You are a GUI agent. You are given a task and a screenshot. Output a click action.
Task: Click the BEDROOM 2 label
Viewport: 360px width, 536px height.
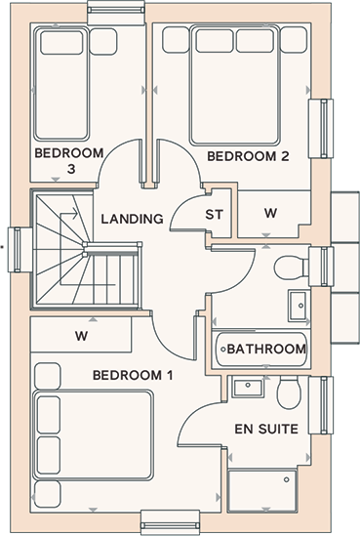pyautogui.click(x=248, y=156)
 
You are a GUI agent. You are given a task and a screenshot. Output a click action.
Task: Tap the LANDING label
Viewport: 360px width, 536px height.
pyautogui.click(x=132, y=219)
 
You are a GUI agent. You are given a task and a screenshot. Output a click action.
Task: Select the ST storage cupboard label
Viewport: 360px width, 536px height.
pyautogui.click(x=215, y=215)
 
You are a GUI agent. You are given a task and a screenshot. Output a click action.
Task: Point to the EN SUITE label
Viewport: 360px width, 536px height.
pyautogui.click(x=266, y=429)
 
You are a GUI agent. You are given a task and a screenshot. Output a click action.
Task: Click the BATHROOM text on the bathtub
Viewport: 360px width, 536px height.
pyautogui.click(x=266, y=349)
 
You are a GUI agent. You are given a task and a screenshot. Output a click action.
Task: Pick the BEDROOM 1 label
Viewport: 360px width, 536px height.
pyautogui.click(x=133, y=375)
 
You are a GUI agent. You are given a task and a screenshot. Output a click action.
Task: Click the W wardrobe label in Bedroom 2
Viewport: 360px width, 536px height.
pyautogui.click(x=270, y=213)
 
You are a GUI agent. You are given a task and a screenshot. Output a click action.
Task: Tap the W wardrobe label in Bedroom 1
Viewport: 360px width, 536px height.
pyautogui.click(x=81, y=336)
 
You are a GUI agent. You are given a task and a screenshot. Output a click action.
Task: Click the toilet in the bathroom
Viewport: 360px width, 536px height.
pyautogui.click(x=292, y=267)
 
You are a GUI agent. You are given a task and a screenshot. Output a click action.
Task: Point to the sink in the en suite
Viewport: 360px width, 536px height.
pyautogui.click(x=248, y=388)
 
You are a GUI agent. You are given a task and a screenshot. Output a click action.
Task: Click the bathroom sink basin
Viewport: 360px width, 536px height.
pyautogui.click(x=299, y=306)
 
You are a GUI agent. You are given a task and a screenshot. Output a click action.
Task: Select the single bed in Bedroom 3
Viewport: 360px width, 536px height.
pyautogui.click(x=61, y=84)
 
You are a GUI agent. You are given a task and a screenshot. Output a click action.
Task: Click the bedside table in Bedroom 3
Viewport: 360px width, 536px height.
pyautogui.click(x=103, y=42)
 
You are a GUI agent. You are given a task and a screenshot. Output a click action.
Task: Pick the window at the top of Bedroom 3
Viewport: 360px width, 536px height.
pyautogui.click(x=116, y=13)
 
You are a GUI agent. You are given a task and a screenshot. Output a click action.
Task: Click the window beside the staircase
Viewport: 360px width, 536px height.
pyautogui.click(x=15, y=250)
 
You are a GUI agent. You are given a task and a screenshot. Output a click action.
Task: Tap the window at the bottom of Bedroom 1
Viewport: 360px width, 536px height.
pyautogui.click(x=170, y=522)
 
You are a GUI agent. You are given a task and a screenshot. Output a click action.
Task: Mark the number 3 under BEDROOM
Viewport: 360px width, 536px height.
pyautogui.click(x=71, y=169)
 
